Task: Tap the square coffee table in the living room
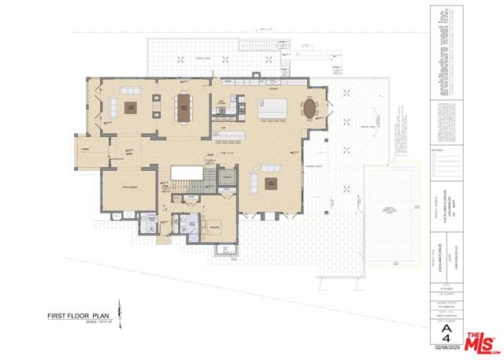coord(132,109)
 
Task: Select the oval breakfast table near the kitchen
coord(312,106)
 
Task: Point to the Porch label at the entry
coord(84,147)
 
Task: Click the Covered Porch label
coord(314,166)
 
